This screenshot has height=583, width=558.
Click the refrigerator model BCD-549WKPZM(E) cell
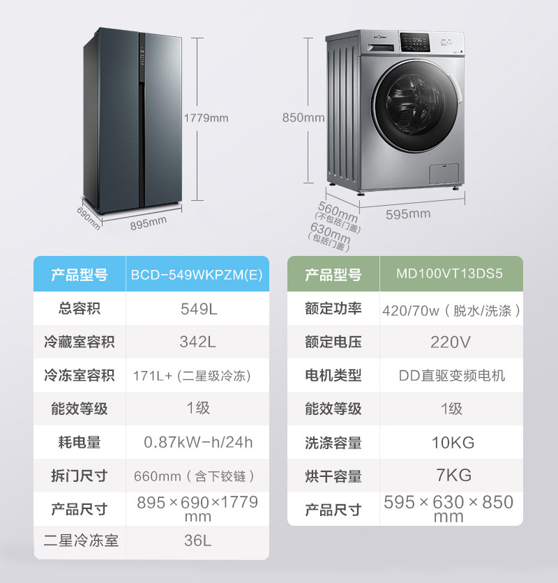click(197, 275)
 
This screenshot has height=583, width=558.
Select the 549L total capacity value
click(198, 309)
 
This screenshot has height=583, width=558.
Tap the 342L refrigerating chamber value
click(198, 342)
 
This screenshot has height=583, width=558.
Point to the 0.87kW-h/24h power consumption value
click(198, 443)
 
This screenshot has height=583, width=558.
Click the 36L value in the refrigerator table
click(198, 540)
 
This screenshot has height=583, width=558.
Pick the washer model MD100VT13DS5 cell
click(449, 274)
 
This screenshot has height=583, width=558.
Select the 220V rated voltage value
click(451, 342)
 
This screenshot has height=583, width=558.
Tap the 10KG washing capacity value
click(451, 443)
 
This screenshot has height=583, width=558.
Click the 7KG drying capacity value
click(451, 476)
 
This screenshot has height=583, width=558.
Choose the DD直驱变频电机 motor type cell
click(451, 376)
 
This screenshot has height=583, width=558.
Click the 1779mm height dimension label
click(206, 118)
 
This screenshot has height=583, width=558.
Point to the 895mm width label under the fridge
click(148, 222)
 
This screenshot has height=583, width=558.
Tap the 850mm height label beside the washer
click(303, 118)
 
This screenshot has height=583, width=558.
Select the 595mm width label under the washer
click(408, 214)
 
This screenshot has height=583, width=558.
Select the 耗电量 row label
click(80, 443)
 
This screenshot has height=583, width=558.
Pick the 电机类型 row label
click(333, 376)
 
